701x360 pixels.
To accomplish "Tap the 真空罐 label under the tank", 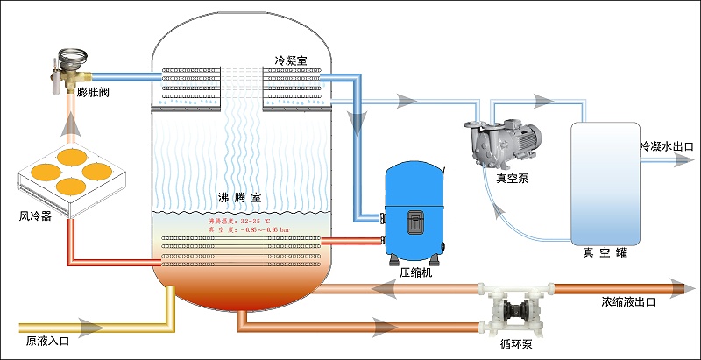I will [605, 254].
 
